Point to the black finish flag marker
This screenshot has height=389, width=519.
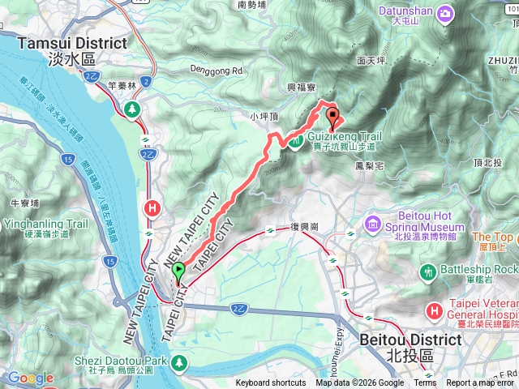pos(331,115)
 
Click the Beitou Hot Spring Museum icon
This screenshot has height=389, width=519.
pos(373,222)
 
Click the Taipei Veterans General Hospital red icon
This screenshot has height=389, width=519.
pos(435,310)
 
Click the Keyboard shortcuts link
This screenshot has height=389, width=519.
pos(271,383)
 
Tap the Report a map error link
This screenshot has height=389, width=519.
pos(480,383)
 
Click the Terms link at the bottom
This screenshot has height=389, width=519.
pos(425,383)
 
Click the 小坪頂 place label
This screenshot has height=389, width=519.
pos(264,117)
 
